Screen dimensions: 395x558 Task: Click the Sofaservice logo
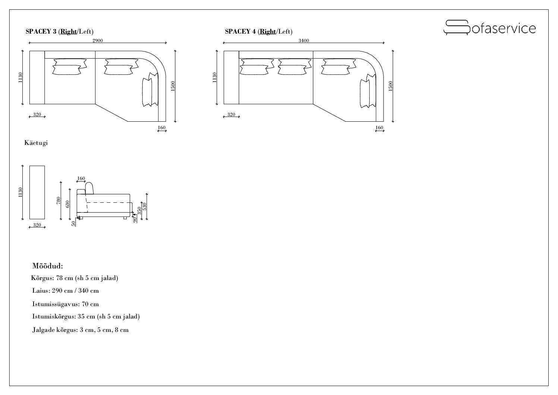tap(489, 28)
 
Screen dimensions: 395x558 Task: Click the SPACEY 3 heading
tap(59, 31)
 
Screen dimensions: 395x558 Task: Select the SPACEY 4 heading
tap(259, 31)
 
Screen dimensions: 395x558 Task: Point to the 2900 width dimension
tap(98, 41)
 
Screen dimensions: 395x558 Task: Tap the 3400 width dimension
tap(304, 41)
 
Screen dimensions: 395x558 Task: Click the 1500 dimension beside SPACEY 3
tap(173, 86)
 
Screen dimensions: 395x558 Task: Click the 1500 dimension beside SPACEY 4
tap(390, 86)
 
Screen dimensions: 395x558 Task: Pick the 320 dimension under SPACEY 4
tap(231, 115)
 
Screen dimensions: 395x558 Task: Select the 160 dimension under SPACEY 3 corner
tap(161, 128)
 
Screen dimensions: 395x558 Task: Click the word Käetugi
tap(36, 143)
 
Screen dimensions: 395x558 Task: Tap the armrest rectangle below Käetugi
tap(37, 192)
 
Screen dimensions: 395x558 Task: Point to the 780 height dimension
tap(58, 200)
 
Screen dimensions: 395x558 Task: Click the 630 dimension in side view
tap(67, 204)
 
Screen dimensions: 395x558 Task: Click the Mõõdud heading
tap(48, 266)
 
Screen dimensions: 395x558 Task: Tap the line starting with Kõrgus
tap(75, 278)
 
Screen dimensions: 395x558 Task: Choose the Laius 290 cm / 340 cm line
tap(66, 290)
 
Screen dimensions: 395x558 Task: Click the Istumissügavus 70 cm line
tap(66, 304)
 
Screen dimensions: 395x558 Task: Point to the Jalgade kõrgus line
tap(81, 330)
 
